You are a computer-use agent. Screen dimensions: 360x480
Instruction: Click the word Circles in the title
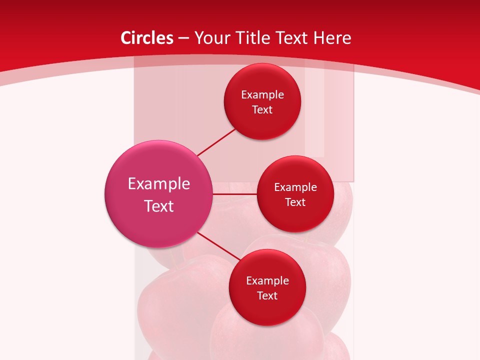147,38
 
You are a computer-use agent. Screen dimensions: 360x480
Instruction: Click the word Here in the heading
332,38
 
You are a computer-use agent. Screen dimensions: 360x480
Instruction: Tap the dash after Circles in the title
183,38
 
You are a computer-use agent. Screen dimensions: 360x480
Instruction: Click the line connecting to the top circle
216,142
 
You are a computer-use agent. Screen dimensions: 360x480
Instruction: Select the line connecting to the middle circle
235,193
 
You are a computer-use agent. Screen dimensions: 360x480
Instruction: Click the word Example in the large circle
159,184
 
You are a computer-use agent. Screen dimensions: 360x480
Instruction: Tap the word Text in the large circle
159,206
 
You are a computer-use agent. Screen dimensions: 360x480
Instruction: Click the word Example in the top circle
262,95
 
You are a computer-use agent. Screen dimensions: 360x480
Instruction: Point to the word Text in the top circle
262,110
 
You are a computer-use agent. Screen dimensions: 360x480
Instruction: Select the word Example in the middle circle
295,187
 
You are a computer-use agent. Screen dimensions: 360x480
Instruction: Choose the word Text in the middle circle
295,202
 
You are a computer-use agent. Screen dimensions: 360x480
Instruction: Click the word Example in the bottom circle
267,281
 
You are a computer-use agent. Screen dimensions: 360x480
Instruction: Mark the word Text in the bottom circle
267,296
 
